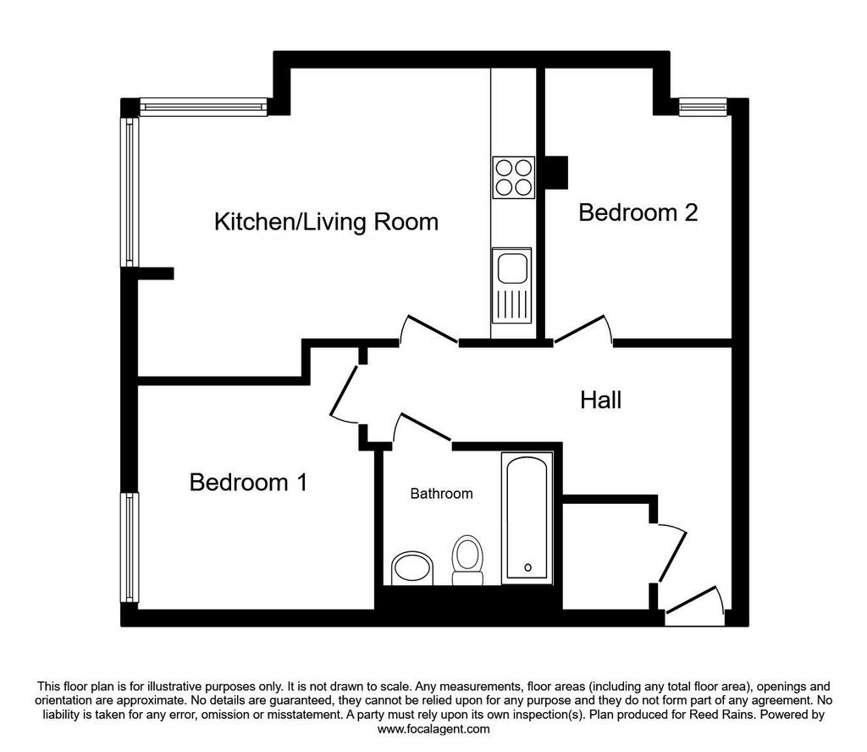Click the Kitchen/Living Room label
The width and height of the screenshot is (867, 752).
[326, 222]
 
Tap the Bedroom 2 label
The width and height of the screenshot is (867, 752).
[638, 213]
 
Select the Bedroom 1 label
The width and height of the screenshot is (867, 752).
[248, 482]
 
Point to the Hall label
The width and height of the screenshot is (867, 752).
[600, 400]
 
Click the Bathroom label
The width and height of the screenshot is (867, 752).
[441, 493]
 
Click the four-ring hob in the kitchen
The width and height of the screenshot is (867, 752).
[514, 177]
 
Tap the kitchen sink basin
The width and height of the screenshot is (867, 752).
[511, 269]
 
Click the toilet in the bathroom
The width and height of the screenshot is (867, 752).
[467, 560]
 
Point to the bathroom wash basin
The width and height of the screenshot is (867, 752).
[412, 568]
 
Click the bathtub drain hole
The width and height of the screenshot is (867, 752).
[527, 567]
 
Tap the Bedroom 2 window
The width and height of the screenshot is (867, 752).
[703, 107]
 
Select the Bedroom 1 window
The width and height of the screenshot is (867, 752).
[130, 547]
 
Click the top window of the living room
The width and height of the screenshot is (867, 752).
[203, 107]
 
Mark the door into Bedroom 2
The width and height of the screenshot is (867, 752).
[583, 330]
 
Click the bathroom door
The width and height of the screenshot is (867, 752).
[422, 428]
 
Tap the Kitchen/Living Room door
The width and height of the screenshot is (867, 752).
[428, 329]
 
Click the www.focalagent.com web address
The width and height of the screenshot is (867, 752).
[433, 729]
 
